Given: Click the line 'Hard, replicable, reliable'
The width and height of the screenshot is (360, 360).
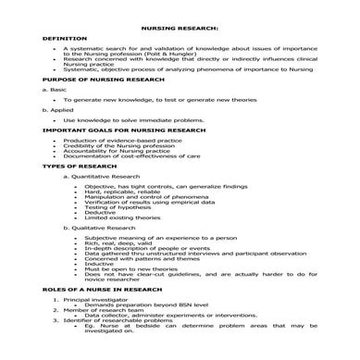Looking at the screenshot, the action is (118, 192).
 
